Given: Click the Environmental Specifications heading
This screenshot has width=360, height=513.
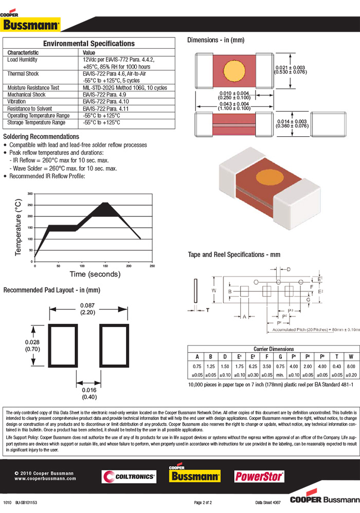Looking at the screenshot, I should pyautogui.click(x=88, y=44).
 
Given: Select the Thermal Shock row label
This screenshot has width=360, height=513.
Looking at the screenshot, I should pyautogui.click(x=23, y=74).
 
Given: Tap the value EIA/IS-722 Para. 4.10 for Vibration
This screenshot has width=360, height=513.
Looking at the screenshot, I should pyautogui.click(x=104, y=102).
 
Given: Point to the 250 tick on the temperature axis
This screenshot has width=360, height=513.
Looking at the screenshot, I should pyautogui.click(x=30, y=205).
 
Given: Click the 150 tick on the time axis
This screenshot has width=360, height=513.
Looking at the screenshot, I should pyautogui.click(x=105, y=266).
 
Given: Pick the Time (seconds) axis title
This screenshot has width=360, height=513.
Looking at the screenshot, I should pyautogui.click(x=95, y=274).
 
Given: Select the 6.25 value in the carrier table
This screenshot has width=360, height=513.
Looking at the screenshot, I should pyautogui.click(x=253, y=367).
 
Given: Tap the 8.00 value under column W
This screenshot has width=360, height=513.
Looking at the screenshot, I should pyautogui.click(x=351, y=367).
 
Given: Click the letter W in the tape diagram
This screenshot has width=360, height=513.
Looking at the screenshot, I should pyautogui.click(x=214, y=290).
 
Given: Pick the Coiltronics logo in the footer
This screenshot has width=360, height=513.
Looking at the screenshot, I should pyautogui.click(x=129, y=477).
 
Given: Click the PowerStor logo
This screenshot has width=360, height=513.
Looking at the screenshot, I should pyautogui.click(x=259, y=477).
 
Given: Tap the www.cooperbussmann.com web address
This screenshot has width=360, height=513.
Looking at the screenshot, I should pyautogui.click(x=45, y=478).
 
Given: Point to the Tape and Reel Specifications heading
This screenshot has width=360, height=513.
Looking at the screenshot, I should pyautogui.click(x=234, y=254).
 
